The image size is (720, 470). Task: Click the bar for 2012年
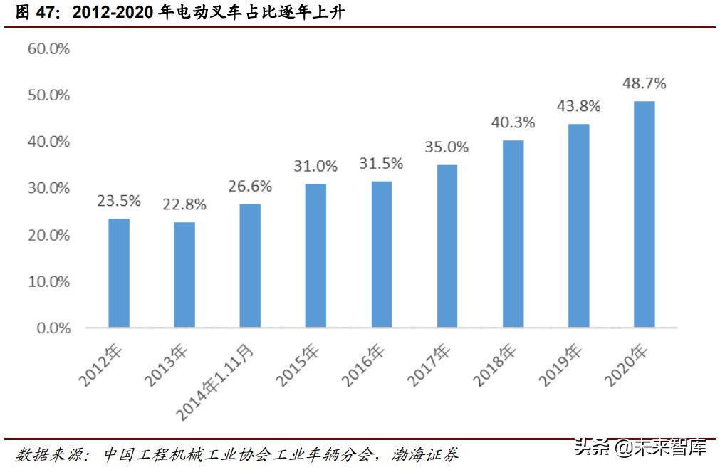point(119,273)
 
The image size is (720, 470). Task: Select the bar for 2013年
point(184,275)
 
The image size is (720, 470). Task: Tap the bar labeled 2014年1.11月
point(250,266)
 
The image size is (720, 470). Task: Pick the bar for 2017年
point(447,246)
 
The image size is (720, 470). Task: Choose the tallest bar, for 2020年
point(644,214)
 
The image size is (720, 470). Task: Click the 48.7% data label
point(644,83)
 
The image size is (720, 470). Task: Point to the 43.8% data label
point(578,106)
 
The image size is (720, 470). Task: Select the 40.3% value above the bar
point(513,122)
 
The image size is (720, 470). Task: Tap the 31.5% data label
point(381,164)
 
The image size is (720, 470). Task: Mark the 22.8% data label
point(184,204)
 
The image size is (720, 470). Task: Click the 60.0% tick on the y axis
point(48,48)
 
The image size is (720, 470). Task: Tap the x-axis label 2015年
point(298,365)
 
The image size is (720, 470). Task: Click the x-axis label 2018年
point(496,365)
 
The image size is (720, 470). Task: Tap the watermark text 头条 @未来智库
point(640,449)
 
